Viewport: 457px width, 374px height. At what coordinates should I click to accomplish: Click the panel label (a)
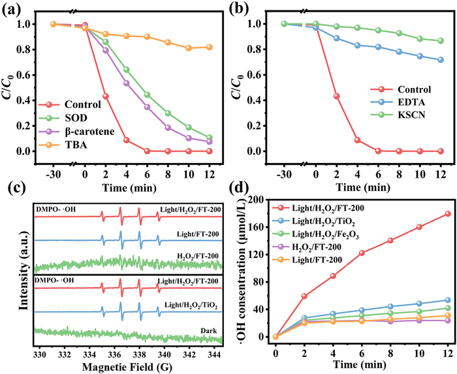click(x=13, y=10)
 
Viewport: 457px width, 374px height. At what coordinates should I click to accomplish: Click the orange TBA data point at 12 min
click(x=210, y=47)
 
